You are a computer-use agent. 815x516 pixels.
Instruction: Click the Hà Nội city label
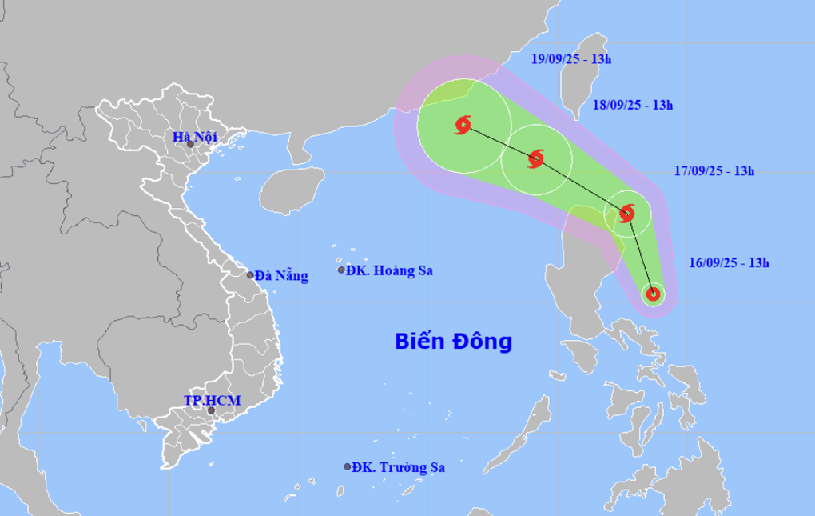(195, 138)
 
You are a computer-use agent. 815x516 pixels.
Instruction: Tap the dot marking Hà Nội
(190, 144)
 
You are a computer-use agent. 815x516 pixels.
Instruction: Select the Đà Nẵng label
(281, 276)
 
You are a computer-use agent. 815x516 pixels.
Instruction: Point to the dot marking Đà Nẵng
(250, 275)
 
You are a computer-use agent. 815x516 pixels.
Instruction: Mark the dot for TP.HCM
(212, 410)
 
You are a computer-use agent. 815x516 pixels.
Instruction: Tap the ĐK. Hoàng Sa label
(389, 270)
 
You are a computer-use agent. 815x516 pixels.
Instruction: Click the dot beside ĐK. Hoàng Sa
(341, 270)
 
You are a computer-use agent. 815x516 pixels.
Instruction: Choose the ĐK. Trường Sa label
(399, 467)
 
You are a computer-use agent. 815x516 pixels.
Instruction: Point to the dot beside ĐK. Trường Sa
(348, 467)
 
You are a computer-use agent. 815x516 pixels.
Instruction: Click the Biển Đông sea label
(452, 342)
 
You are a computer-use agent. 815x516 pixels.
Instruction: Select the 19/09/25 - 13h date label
(571, 58)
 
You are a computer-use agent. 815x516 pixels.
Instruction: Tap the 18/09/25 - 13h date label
(633, 104)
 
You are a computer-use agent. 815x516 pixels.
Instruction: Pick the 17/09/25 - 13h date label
(714, 170)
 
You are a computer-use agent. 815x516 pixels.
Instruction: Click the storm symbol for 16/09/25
(653, 294)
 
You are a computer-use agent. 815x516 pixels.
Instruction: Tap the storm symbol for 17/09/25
(627, 213)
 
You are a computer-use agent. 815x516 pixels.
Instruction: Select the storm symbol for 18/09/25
(536, 158)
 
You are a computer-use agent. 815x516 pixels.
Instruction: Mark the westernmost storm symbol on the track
(463, 125)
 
